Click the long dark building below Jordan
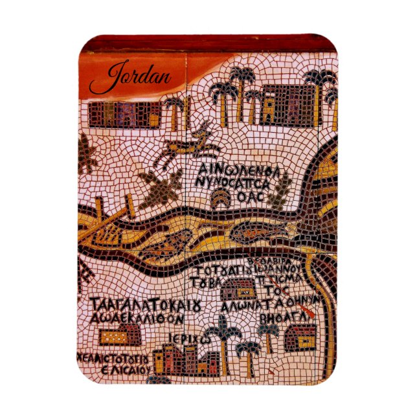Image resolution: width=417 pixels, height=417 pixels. pyautogui.click(x=123, y=113)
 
